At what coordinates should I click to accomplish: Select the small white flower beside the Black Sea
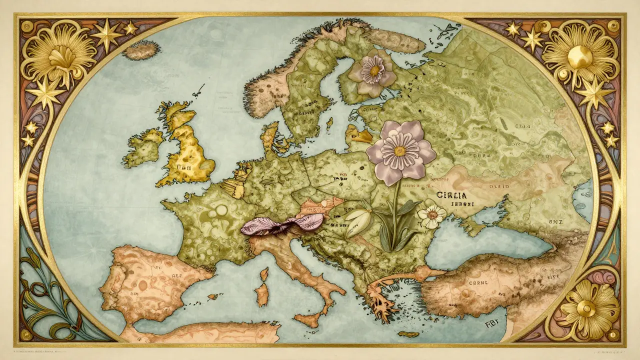432,215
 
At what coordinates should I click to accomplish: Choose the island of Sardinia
261,295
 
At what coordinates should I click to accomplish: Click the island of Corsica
263,273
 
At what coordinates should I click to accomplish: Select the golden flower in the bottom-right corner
585,307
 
